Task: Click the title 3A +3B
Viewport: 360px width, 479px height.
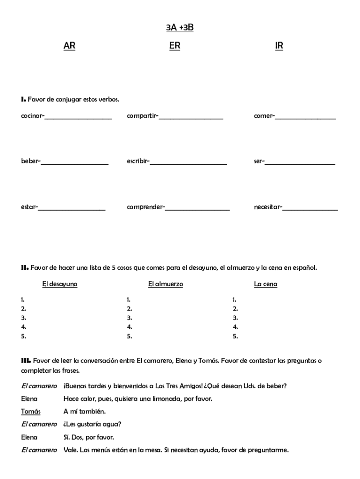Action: [x=180, y=28]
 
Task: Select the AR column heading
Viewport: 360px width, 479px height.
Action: [x=69, y=45]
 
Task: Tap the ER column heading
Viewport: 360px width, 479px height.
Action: [x=174, y=45]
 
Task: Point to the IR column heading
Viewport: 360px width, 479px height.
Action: [x=279, y=45]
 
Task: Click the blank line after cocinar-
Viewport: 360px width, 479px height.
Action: [x=78, y=117]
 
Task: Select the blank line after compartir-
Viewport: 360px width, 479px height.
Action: [x=191, y=117]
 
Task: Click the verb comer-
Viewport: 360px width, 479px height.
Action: [x=264, y=116]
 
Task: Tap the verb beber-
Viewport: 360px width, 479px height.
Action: [x=31, y=161]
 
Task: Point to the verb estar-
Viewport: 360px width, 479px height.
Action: [x=29, y=206]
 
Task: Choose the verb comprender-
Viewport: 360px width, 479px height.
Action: [x=146, y=206]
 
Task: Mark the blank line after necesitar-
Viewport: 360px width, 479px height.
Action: [x=310, y=208]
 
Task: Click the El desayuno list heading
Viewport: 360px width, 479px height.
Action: [x=60, y=284]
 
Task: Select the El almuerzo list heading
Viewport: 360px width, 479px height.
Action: [x=166, y=284]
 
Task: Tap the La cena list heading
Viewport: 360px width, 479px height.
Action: [x=266, y=284]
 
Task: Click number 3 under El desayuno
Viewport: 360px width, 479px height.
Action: [x=23, y=318]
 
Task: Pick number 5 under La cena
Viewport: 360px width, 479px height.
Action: [x=235, y=336]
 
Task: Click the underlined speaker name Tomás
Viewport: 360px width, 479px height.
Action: [x=30, y=412]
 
